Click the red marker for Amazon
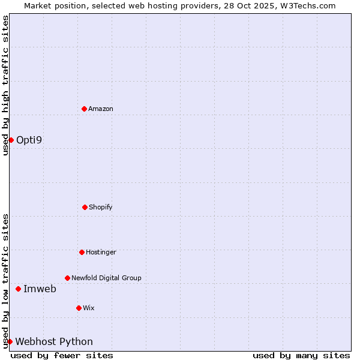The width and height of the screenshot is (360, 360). [84, 109]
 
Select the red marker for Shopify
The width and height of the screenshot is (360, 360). [85, 207]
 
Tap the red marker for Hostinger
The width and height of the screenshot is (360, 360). [82, 252]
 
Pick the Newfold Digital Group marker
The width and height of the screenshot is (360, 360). [67, 278]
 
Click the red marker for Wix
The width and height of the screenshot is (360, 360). [79, 308]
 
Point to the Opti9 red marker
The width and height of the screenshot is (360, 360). [11, 140]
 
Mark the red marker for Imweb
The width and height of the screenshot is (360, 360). [18, 289]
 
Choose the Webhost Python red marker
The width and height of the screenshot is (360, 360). [10, 341]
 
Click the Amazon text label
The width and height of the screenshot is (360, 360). [101, 109]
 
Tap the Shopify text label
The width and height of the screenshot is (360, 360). [101, 207]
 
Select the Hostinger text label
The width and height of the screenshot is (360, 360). [101, 252]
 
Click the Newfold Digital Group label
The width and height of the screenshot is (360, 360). [106, 278]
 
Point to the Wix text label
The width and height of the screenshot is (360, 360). [89, 308]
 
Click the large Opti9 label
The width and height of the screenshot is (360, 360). [29, 140]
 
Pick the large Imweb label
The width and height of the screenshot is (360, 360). [40, 289]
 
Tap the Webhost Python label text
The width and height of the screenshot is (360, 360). [54, 341]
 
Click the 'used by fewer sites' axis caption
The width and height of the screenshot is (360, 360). [62, 355]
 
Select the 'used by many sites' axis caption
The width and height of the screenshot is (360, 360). [301, 355]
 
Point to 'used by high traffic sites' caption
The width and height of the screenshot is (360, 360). [5, 86]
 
